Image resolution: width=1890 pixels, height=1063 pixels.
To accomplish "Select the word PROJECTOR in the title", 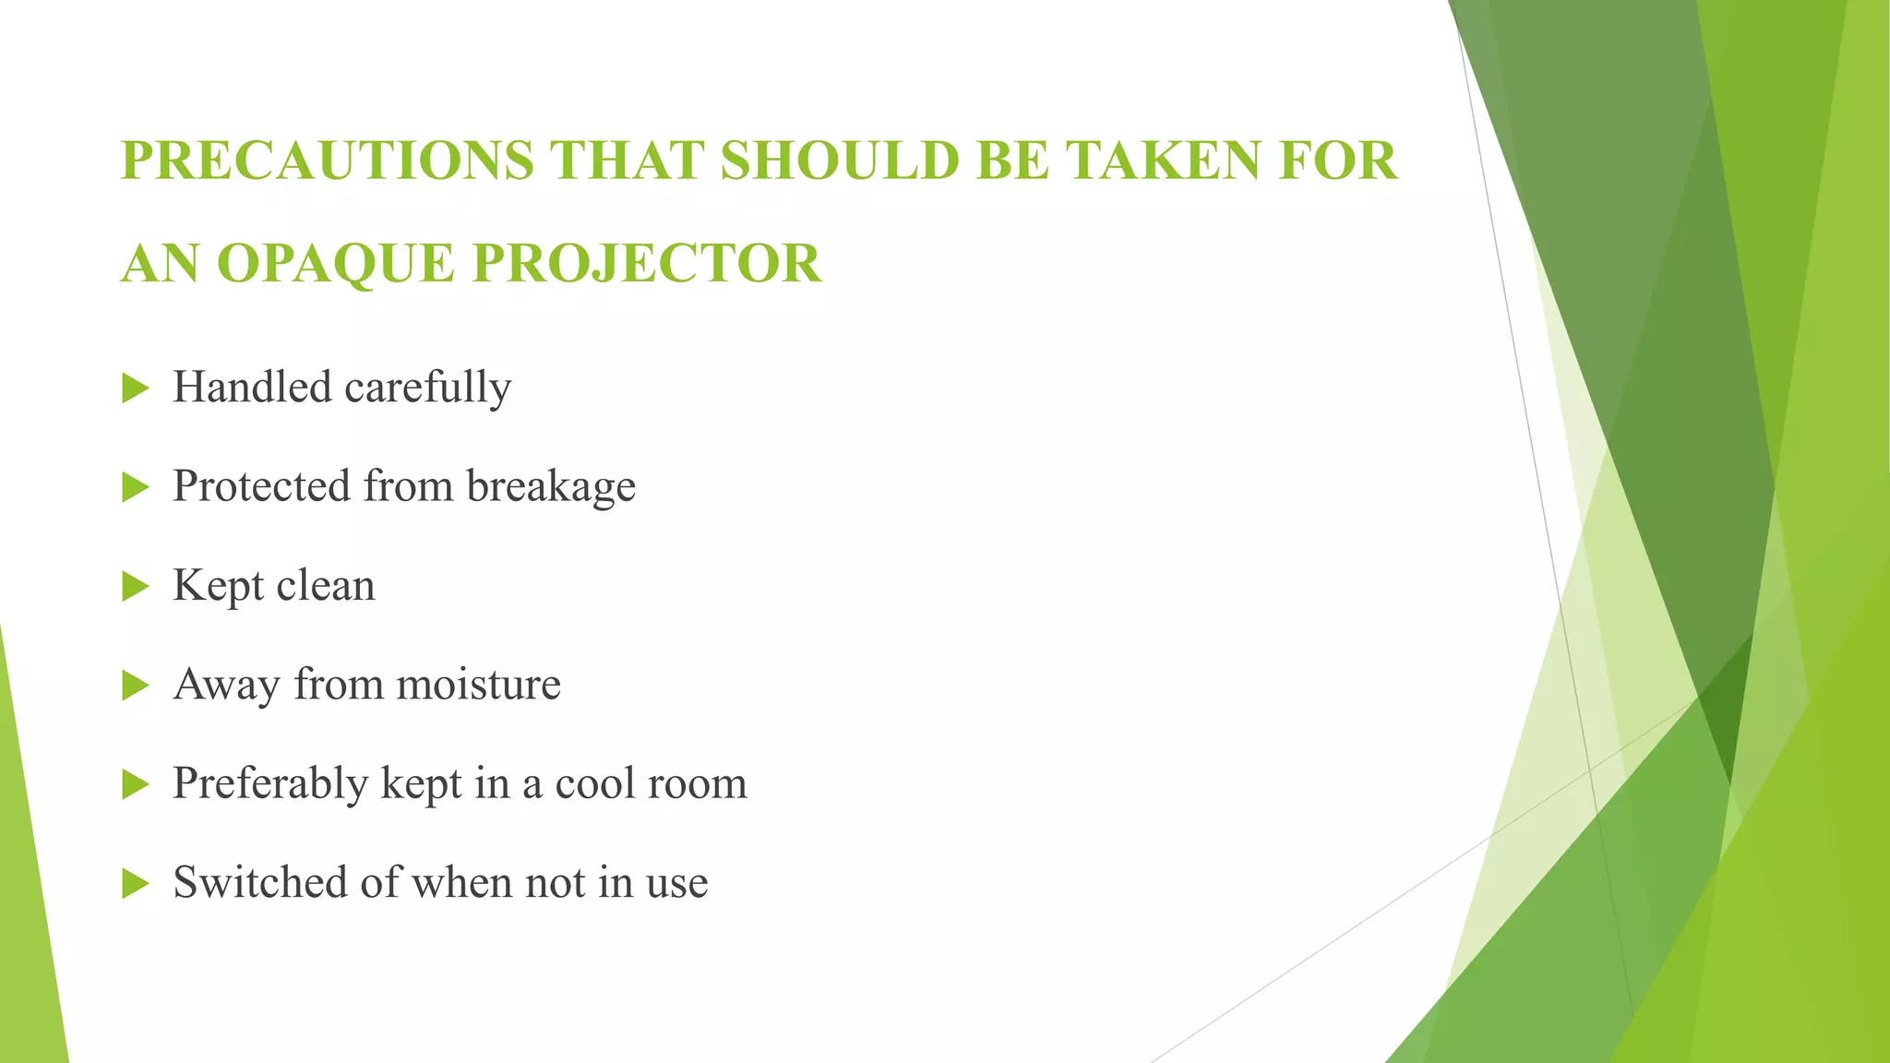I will (646, 264).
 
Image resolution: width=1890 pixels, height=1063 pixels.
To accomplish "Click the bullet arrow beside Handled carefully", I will (135, 388).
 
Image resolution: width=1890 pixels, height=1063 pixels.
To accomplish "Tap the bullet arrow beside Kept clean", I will (135, 587).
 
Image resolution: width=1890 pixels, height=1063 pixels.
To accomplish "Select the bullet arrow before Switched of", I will (135, 884).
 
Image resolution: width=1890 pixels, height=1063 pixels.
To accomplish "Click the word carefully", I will (427, 388).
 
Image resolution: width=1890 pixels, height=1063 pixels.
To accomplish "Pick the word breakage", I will (551, 487).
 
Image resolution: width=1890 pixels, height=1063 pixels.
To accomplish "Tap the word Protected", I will (261, 486).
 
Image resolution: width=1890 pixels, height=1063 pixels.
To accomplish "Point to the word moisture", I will (478, 686).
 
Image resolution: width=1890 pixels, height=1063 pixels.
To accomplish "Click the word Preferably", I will (270, 785).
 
